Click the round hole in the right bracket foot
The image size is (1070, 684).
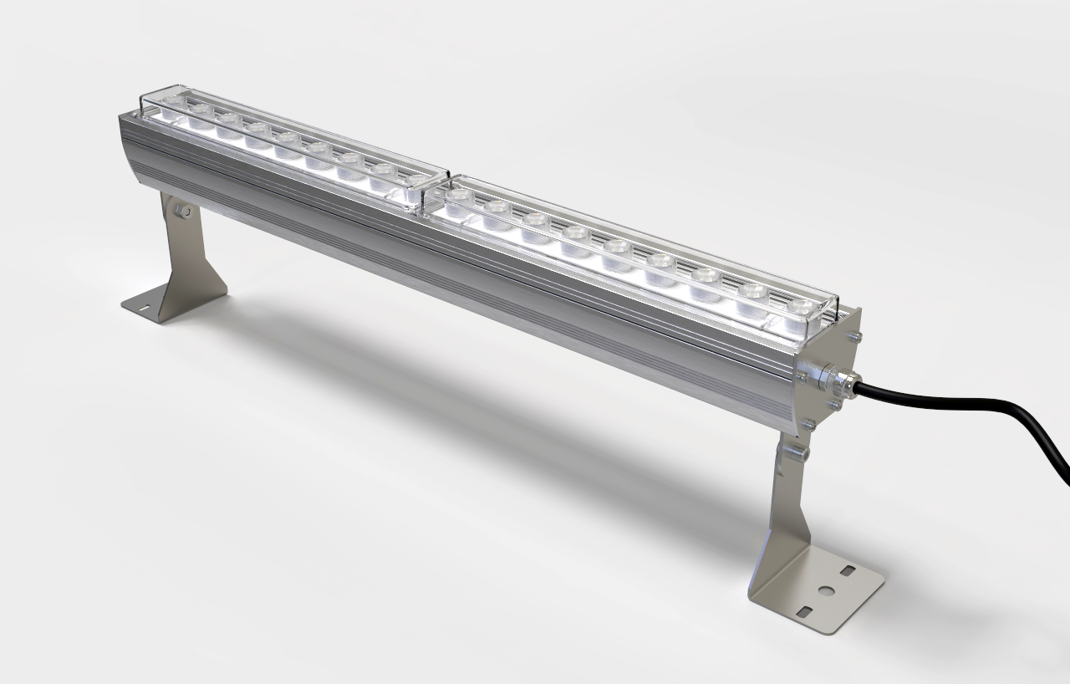(x=825, y=590)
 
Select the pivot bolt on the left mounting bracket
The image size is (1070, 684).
(x=185, y=213)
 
